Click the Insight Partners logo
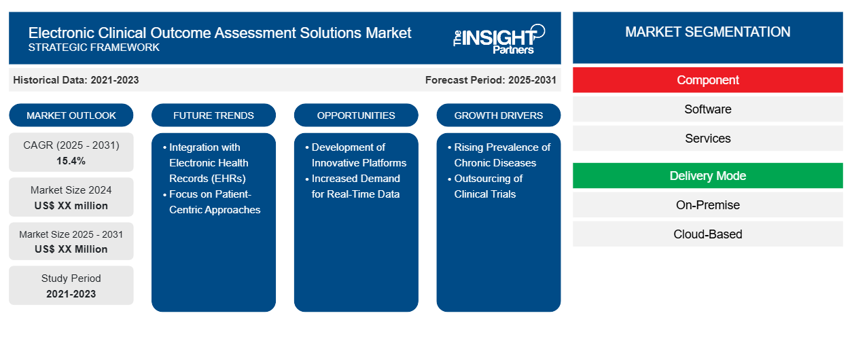tap(499, 39)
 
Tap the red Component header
tap(707, 80)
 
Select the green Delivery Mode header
tap(707, 176)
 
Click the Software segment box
tap(707, 109)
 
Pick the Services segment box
tap(707, 139)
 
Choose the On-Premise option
tap(707, 205)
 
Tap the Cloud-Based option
tap(707, 234)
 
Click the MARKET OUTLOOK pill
tap(71, 115)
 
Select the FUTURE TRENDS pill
tap(213, 115)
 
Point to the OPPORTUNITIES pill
tap(356, 115)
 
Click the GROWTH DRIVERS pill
tap(498, 115)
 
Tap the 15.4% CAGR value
tap(71, 161)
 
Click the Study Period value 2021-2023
tap(71, 294)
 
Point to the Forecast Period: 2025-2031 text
tap(491, 80)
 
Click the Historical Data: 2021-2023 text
tap(76, 80)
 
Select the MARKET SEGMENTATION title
tap(707, 32)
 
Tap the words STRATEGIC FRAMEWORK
tap(94, 48)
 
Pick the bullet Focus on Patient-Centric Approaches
tap(212, 202)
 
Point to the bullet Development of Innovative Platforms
tap(355, 155)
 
